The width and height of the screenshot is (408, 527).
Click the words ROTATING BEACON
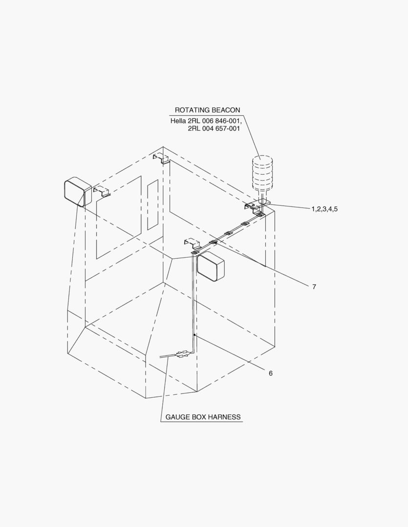point(207,110)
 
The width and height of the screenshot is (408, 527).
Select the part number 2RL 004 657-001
point(214,128)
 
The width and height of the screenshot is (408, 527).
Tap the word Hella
point(178,121)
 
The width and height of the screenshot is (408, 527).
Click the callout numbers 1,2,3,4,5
point(324,209)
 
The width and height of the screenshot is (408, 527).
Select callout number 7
point(314,287)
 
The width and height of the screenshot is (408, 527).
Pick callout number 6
point(271,373)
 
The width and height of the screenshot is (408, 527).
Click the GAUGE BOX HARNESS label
point(203,417)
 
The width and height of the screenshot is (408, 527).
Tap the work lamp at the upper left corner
point(78,192)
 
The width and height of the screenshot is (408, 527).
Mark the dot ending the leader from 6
point(194,335)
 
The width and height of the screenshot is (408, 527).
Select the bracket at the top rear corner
point(161,159)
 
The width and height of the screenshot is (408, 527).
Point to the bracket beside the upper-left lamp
point(101,191)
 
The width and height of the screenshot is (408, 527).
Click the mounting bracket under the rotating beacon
point(257,205)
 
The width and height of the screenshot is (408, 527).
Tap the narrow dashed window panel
point(153,204)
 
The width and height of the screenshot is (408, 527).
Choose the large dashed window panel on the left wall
point(119,217)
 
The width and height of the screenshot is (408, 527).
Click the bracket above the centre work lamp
point(192,243)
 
